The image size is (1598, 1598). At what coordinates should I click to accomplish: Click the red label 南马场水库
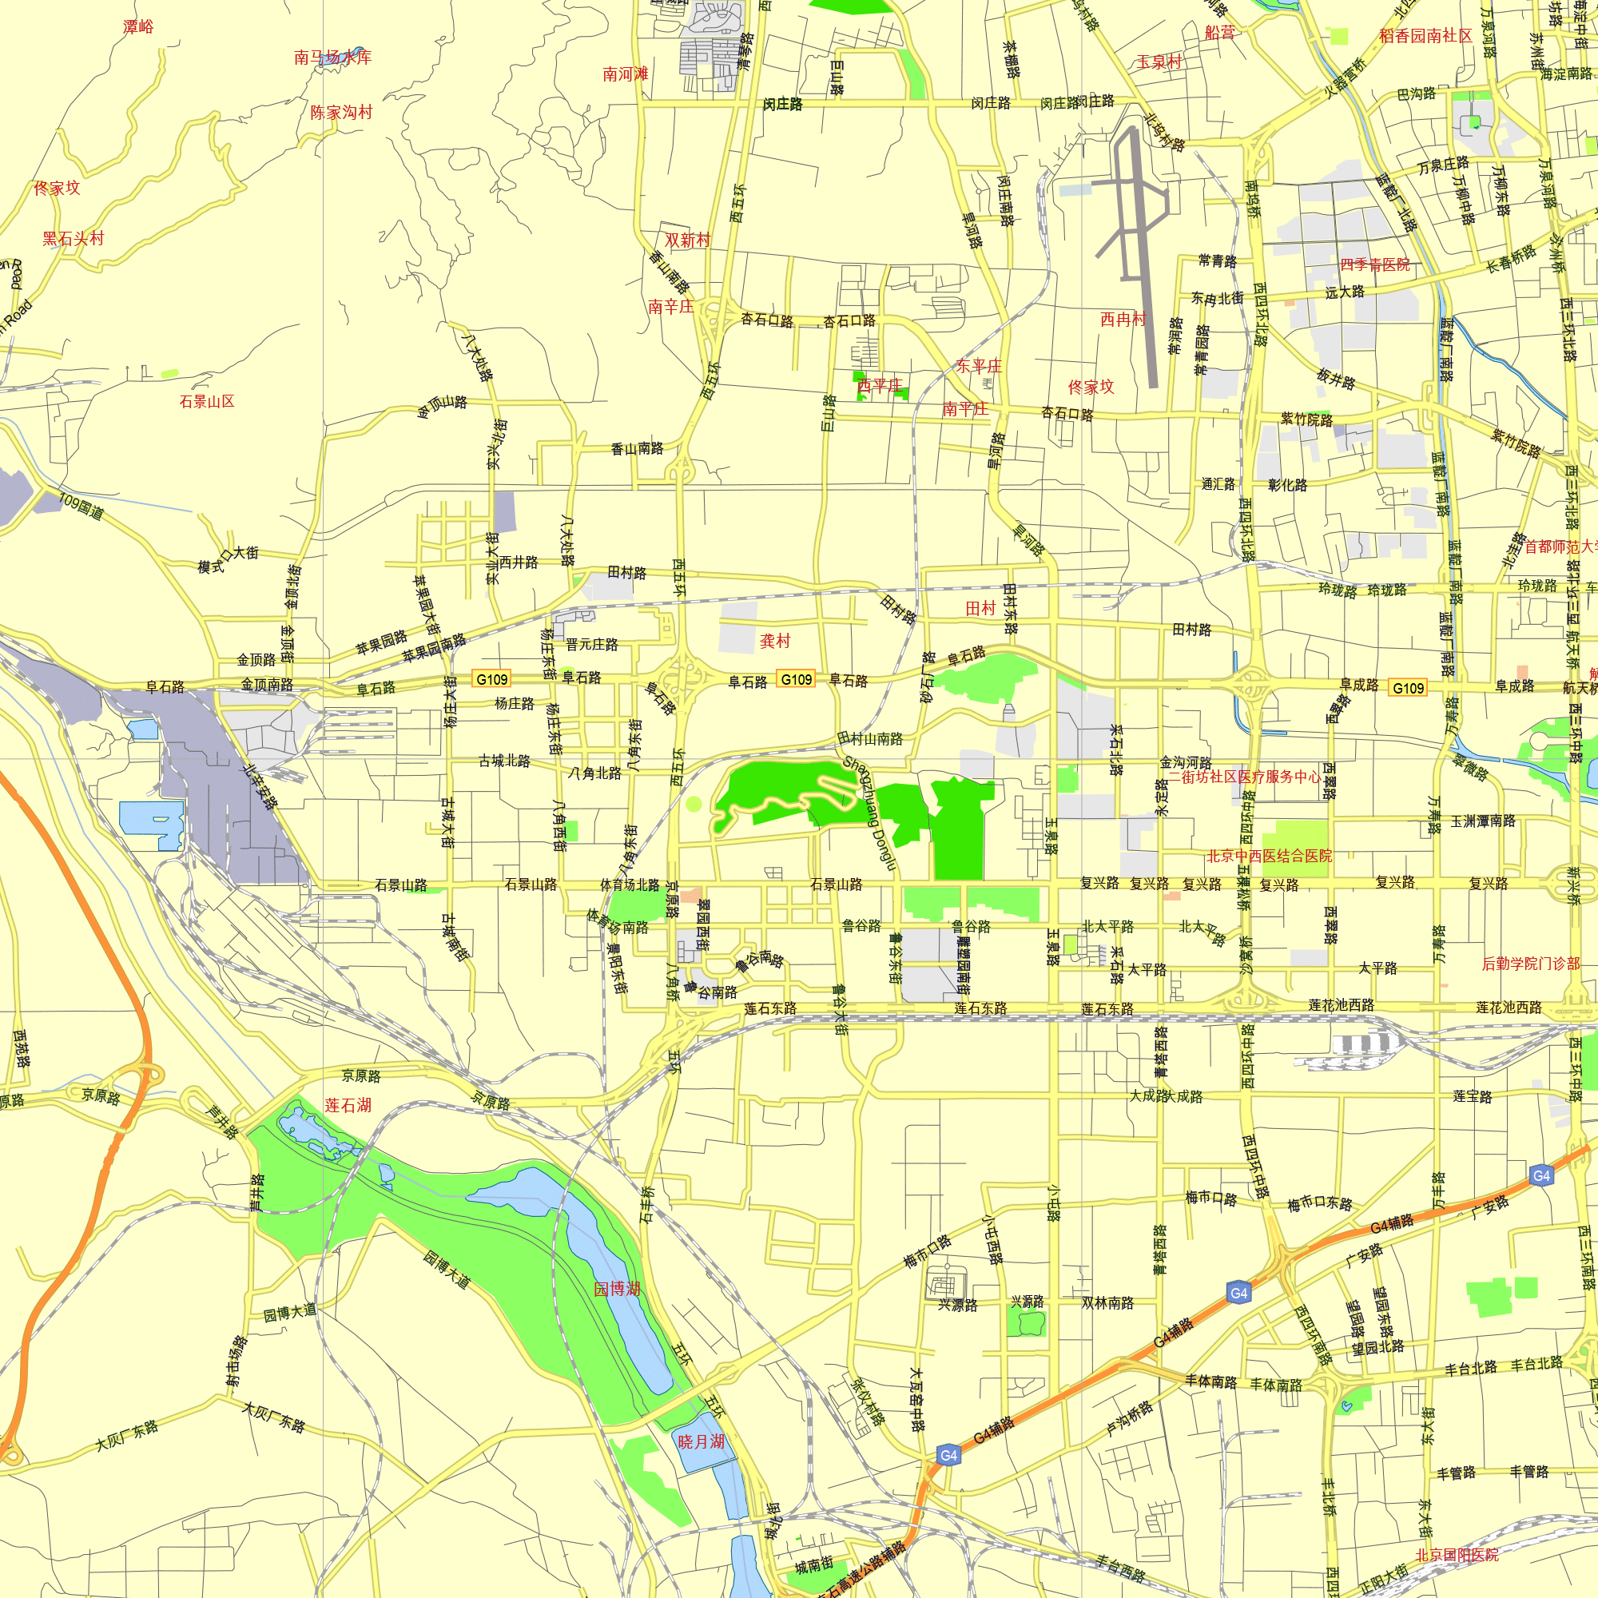click(x=332, y=57)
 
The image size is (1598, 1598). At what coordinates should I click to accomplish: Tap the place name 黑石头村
click(x=74, y=239)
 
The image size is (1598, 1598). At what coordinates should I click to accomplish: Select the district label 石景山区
click(x=207, y=401)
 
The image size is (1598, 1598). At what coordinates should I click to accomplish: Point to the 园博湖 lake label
click(x=617, y=1289)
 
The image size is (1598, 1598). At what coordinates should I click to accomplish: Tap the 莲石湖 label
click(x=348, y=1105)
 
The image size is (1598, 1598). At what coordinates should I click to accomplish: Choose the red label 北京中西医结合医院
click(x=1269, y=856)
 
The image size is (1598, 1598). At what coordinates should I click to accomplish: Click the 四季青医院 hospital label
click(x=1374, y=264)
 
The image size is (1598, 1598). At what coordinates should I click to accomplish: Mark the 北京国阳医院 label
click(x=1457, y=1555)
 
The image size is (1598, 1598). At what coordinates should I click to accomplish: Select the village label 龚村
click(x=775, y=640)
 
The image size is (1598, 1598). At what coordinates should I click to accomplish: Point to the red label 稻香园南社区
click(x=1425, y=36)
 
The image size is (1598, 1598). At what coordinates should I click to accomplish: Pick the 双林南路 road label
click(x=1107, y=1302)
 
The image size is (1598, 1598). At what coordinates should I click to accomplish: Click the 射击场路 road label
click(x=237, y=1360)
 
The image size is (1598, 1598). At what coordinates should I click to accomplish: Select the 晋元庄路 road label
click(x=591, y=644)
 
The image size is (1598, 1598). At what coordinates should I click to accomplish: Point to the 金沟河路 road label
click(x=1184, y=761)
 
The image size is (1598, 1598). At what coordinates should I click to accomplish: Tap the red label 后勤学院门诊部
click(x=1530, y=963)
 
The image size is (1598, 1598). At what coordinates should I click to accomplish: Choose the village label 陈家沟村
click(x=341, y=112)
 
